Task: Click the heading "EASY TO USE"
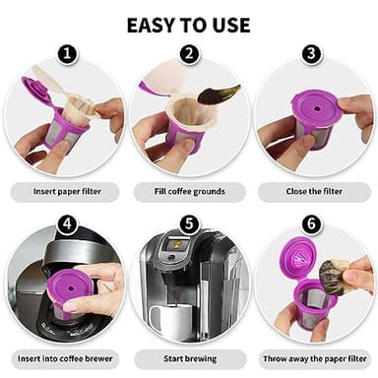coord(188,24)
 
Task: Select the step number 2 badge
coord(189,55)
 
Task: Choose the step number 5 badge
coord(189,224)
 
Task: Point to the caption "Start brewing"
coord(188,359)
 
